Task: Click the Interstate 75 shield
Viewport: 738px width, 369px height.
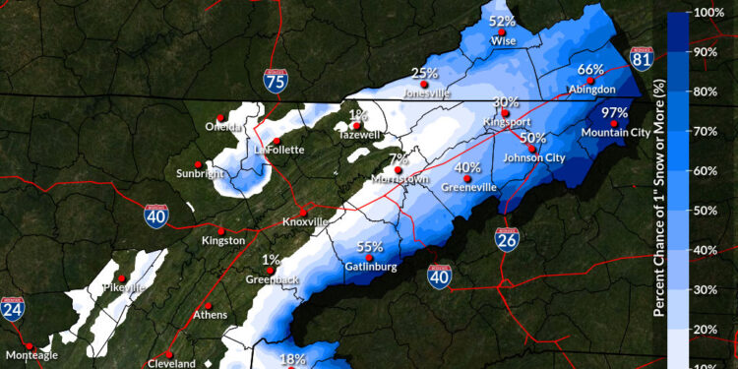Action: tap(276, 81)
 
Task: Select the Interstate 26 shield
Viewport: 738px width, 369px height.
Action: tap(507, 238)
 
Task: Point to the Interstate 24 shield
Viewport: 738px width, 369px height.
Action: tap(13, 311)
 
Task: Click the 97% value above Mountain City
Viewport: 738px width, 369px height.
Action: tap(615, 112)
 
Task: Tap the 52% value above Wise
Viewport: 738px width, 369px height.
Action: tap(502, 21)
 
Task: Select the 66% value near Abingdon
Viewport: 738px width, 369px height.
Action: tap(590, 69)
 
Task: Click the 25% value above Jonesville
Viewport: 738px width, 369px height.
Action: tap(424, 73)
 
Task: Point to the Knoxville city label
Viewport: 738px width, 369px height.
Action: tap(304, 222)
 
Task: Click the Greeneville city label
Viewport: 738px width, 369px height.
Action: tap(467, 187)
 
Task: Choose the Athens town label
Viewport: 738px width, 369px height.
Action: tap(211, 315)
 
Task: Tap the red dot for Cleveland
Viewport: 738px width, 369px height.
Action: tap(169, 353)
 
